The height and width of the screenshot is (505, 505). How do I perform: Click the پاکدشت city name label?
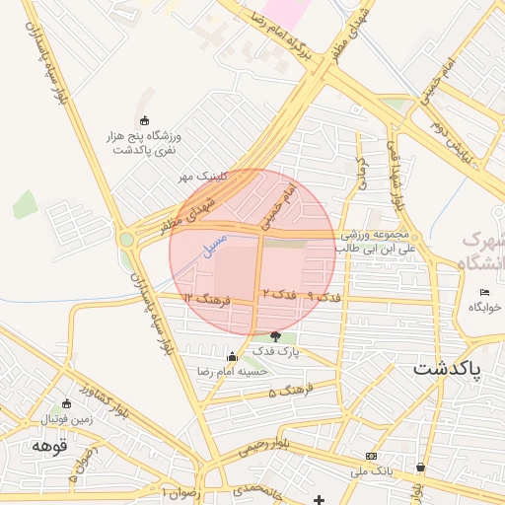(x=446, y=370)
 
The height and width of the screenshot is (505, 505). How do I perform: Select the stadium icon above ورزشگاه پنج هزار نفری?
(x=145, y=120)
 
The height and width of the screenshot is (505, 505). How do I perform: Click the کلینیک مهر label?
(x=203, y=177)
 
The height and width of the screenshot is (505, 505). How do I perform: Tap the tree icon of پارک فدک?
(x=274, y=336)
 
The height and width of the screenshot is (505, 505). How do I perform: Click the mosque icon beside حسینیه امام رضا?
(x=232, y=357)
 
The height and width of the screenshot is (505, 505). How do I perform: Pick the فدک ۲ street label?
(x=279, y=295)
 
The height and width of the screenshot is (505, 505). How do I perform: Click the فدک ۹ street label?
(x=324, y=296)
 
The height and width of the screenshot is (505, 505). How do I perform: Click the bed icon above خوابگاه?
(x=484, y=292)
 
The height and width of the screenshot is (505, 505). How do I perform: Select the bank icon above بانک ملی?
(x=371, y=456)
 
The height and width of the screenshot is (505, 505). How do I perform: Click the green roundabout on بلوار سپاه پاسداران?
(x=126, y=239)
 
